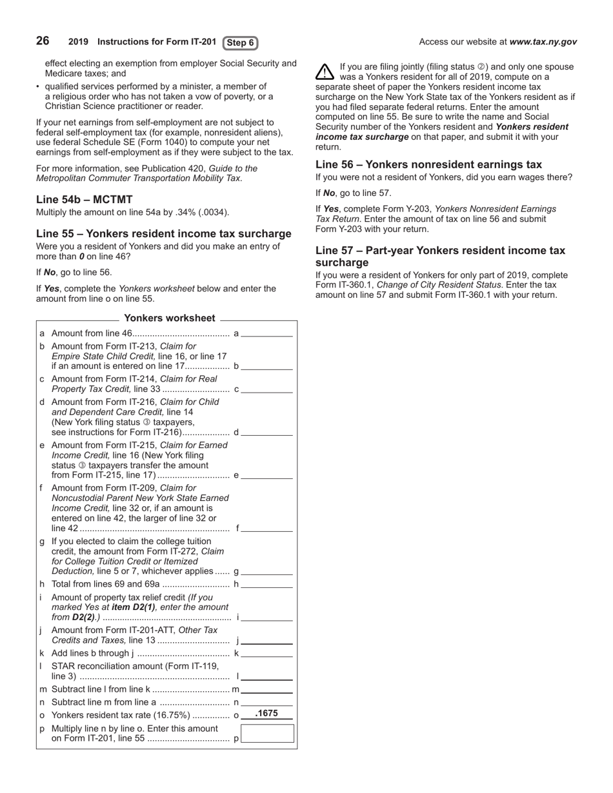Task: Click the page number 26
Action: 43,41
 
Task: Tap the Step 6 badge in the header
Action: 240,43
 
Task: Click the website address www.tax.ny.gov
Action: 543,42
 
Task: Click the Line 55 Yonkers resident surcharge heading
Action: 163,233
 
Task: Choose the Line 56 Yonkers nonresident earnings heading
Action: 428,164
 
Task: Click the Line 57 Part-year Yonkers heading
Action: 440,257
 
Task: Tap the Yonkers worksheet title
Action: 169,318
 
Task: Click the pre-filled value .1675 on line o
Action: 266,714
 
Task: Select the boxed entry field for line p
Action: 267,734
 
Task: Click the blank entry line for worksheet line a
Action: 267,334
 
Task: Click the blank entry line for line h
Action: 267,585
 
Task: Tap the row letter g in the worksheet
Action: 42,541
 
